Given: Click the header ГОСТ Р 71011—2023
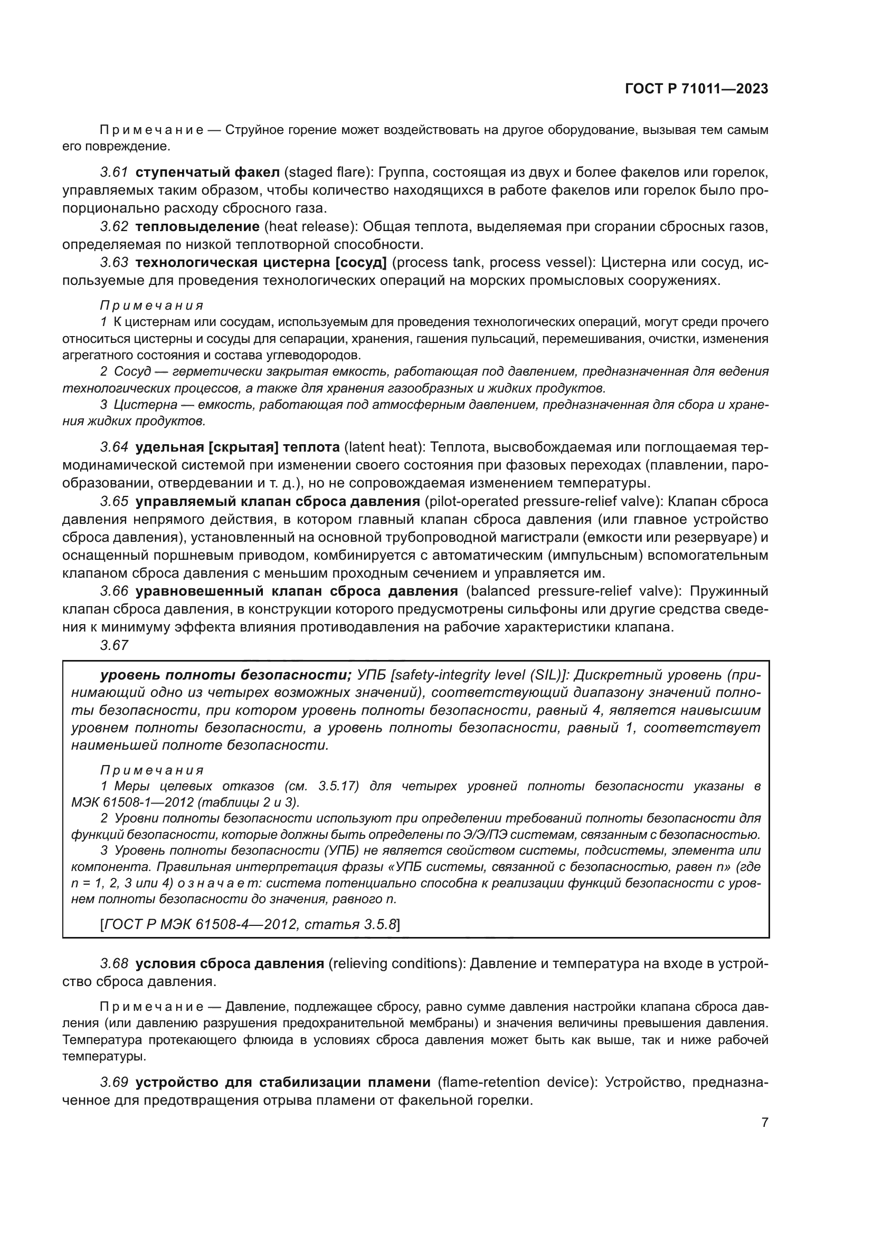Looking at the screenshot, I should tap(697, 89).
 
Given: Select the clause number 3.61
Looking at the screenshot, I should tap(114, 173).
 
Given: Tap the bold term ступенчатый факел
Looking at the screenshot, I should tap(207, 173).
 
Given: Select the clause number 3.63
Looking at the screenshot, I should tap(114, 263).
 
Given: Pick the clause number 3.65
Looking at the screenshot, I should tap(114, 501).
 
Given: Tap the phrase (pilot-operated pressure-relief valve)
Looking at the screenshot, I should tap(537, 501).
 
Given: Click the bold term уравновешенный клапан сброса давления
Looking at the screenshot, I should tap(297, 591).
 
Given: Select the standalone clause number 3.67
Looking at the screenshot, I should tap(114, 645).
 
